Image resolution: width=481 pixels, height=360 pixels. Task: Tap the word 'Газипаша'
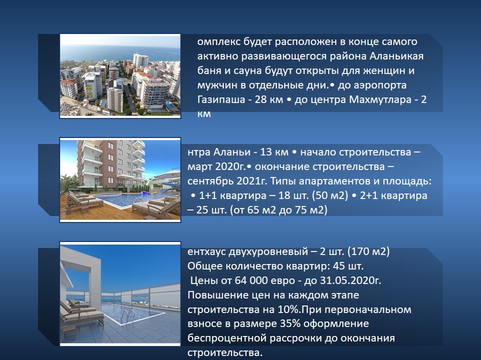click(219, 99)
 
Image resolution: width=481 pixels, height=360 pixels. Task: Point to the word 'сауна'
click(244, 70)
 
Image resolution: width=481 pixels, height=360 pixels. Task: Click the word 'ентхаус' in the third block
click(207, 251)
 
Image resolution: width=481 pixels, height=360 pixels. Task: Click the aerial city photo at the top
click(120, 76)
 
